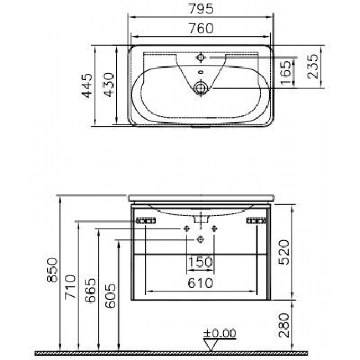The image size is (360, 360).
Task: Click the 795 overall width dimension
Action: click(201, 9)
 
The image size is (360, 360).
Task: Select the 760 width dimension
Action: click(201, 28)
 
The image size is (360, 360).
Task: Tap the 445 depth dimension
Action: click(88, 85)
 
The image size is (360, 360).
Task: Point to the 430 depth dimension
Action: click(109, 85)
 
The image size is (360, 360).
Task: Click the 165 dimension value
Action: click(286, 73)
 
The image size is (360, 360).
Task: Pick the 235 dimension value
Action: click(313, 66)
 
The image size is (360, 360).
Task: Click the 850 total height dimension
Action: click(52, 270)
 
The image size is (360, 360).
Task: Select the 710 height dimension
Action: click(70, 286)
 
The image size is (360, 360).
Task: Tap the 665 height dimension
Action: click(90, 290)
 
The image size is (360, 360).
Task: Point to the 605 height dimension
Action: click(110, 296)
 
